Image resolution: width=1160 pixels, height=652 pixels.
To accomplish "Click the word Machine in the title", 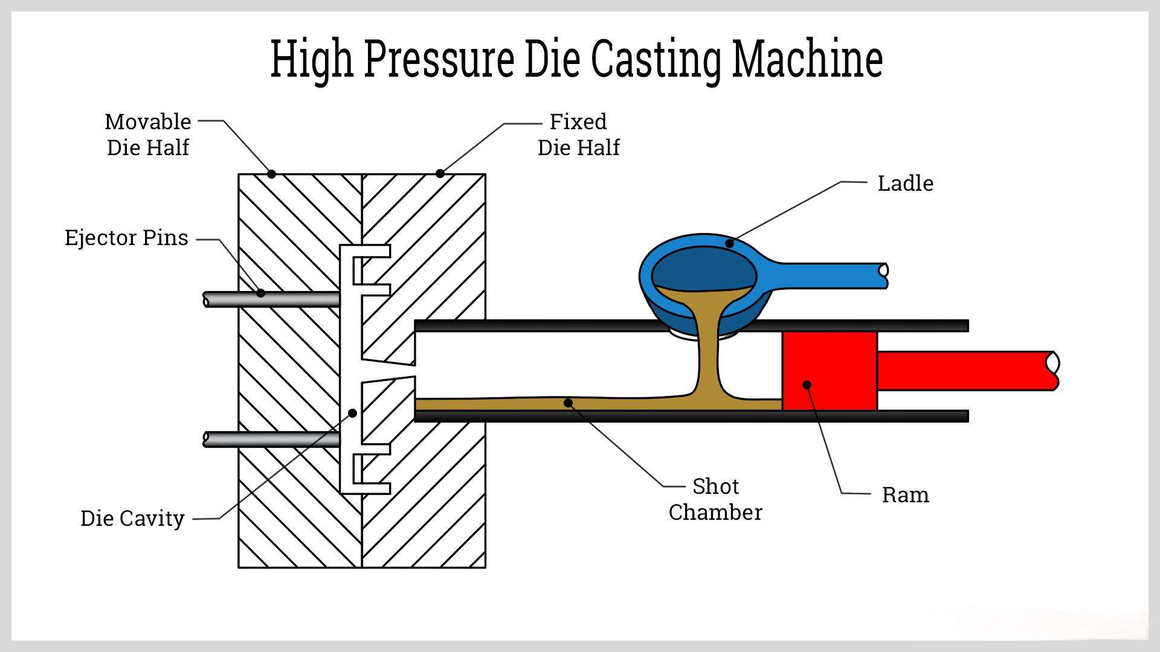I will pos(807,59).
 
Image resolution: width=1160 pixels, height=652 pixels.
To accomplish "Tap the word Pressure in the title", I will pos(439,59).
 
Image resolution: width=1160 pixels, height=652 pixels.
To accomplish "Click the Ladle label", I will pos(904,183).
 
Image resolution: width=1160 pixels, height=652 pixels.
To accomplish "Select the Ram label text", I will pos(904,494).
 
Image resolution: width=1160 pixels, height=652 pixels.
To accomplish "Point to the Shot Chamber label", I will pos(715,499).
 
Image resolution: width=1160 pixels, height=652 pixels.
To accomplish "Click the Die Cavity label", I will pos(132,518).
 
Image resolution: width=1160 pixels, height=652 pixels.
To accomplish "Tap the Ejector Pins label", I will pos(126,238).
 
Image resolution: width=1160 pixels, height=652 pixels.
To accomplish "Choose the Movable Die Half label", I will pos(148,134).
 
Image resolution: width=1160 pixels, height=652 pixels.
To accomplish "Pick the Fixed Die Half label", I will pos(578,134).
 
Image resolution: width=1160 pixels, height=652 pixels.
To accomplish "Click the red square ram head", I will pos(829,362).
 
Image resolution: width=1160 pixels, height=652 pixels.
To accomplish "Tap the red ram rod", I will pos(967,371).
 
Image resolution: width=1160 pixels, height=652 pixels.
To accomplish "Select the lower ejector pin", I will pos(272,439).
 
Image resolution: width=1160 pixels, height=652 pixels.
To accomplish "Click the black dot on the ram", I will pos(807,385).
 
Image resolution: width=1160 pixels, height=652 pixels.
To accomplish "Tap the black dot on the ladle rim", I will pos(729,243).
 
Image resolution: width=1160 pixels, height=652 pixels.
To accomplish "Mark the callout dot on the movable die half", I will pos(271,174).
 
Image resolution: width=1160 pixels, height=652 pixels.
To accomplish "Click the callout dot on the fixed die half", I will pos(440,174).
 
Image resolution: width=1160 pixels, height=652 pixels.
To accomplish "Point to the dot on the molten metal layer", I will pos(568,403).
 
